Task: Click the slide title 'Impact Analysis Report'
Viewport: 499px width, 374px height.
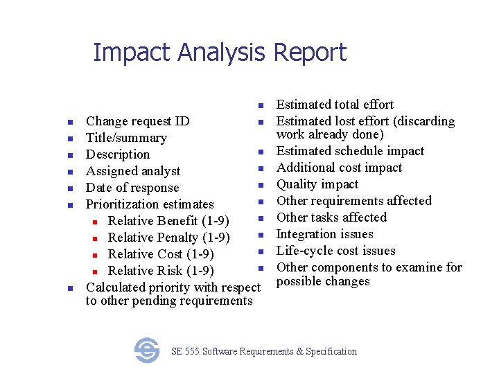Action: coord(219,53)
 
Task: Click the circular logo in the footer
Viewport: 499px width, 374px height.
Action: coord(147,350)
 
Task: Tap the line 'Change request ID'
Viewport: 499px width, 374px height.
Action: coord(137,121)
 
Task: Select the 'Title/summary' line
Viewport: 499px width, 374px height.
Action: coord(126,138)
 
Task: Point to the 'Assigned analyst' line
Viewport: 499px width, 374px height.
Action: coord(132,171)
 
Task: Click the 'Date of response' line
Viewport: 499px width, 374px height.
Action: coord(132,188)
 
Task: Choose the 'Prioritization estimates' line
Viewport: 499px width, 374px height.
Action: coord(150,204)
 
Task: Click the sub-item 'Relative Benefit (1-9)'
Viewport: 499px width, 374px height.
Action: coord(169,221)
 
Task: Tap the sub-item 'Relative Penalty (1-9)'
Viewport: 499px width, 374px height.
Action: coord(169,238)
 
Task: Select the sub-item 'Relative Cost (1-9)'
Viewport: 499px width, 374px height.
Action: coord(161,254)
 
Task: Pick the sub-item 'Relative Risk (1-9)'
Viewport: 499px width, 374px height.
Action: coord(161,271)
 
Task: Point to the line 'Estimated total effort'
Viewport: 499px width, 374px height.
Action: coord(335,105)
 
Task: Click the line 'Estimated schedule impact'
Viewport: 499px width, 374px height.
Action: coord(350,151)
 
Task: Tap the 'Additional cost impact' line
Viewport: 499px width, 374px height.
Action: coord(339,168)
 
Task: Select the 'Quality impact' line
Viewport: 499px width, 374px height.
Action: coord(317,184)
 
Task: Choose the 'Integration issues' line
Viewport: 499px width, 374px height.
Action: coord(324,234)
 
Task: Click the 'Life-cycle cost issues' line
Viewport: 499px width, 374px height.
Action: coord(335,251)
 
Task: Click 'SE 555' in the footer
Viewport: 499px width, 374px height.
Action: coord(184,351)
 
